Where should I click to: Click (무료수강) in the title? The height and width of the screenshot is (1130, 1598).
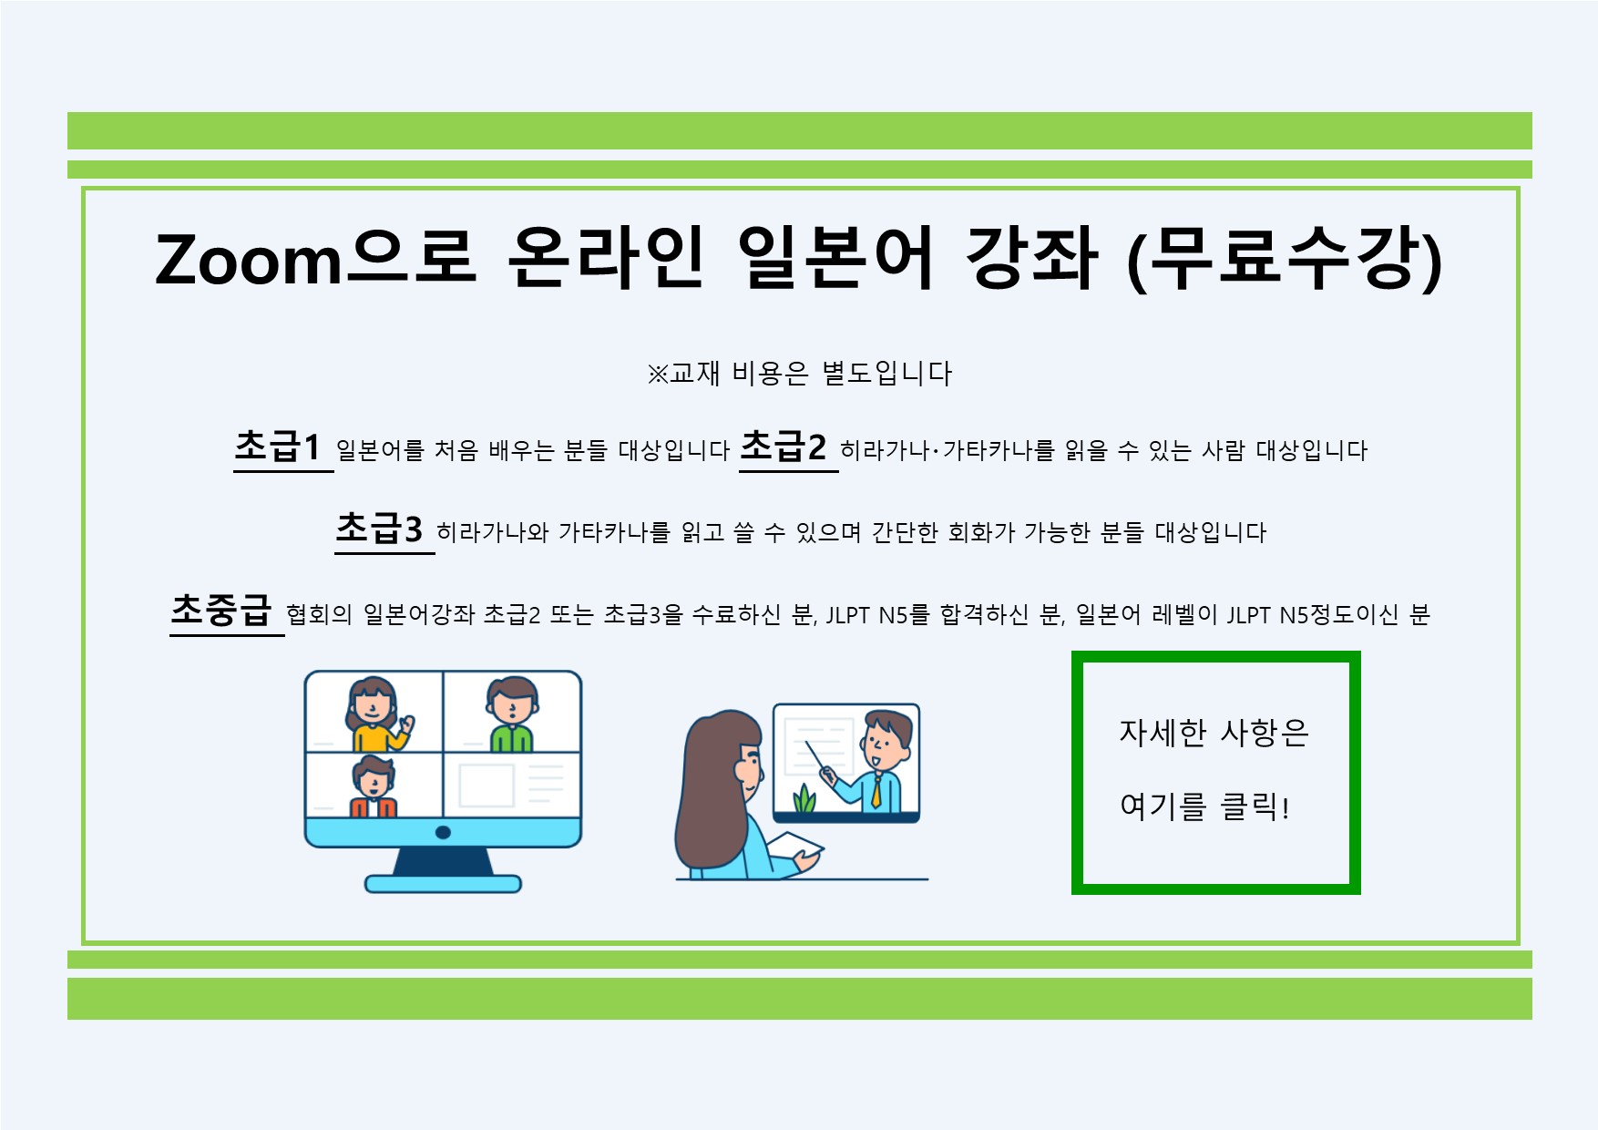point(1285,259)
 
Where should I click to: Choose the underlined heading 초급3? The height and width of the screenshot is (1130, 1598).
point(379,529)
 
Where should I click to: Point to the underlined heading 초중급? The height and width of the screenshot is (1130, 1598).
point(221,611)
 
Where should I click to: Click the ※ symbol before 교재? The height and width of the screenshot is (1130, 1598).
point(657,374)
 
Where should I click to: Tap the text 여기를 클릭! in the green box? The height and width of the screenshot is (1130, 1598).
point(1204,806)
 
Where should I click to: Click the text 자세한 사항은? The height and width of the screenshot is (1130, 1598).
point(1214,732)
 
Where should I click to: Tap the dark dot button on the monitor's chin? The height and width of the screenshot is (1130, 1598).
point(444,832)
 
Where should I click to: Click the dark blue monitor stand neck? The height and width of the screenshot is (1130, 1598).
point(444,861)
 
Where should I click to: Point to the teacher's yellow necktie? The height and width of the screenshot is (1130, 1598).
point(876,790)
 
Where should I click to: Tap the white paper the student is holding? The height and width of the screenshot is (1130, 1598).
point(795,846)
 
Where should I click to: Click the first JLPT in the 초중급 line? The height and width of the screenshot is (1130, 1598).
point(847,615)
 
